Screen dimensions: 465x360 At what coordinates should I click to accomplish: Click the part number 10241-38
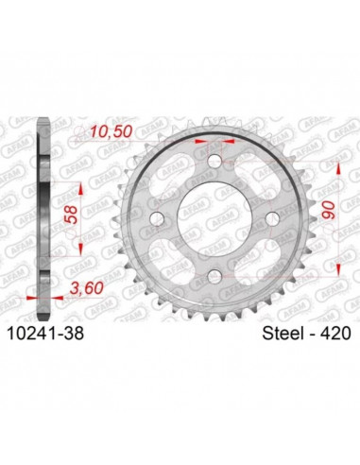54,333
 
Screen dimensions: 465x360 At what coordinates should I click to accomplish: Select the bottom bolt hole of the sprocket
214,275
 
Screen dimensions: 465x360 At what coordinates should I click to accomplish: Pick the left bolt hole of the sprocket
157,219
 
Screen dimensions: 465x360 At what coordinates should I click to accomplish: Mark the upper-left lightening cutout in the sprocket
170,177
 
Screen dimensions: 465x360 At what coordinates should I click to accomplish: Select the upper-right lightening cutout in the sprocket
257,177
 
